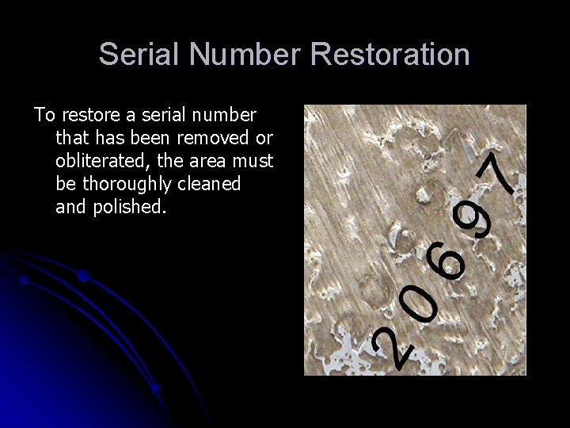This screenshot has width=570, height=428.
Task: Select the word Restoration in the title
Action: (390, 55)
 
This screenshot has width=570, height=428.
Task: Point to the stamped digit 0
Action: (418, 305)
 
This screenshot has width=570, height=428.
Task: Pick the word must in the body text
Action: (253, 162)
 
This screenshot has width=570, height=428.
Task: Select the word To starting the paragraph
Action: (44, 116)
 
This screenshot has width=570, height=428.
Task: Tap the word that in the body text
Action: (72, 139)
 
